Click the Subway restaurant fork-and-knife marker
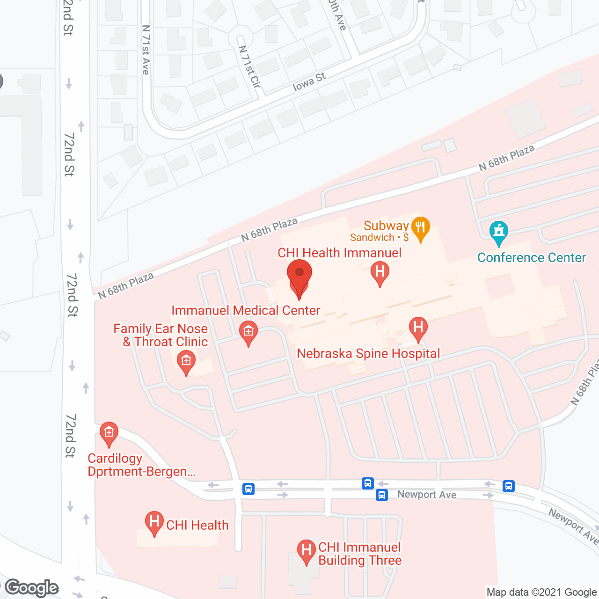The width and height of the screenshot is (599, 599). (x=421, y=228)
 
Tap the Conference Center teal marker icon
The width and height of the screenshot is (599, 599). (x=499, y=232)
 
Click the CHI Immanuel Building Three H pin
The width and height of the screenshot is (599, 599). (x=307, y=551)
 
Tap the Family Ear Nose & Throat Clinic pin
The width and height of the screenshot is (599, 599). (x=186, y=362)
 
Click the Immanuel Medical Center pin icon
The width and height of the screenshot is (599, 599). (x=248, y=333)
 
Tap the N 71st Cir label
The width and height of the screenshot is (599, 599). (x=249, y=66)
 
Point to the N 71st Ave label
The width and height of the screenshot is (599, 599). (x=146, y=50)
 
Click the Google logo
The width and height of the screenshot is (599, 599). (x=32, y=588)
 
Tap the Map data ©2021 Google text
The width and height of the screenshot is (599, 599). (x=541, y=592)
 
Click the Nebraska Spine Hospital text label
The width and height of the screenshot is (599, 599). (x=368, y=353)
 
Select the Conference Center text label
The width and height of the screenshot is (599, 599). (x=532, y=258)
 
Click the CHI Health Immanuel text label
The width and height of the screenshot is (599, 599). (x=339, y=253)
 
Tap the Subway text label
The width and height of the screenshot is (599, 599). (x=386, y=226)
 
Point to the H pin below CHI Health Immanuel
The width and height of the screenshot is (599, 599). (x=380, y=272)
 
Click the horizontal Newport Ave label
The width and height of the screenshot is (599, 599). (x=427, y=495)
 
